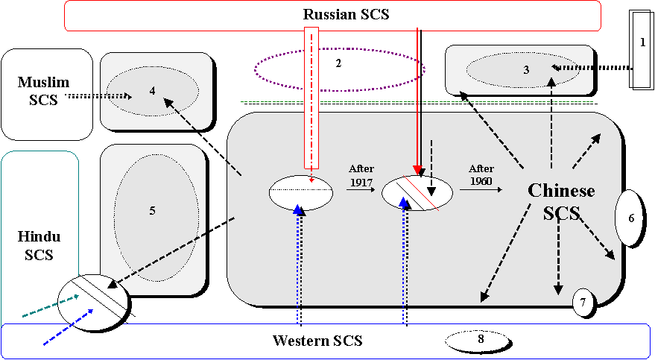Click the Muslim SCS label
click(37, 91)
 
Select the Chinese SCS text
click(561, 202)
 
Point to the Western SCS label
click(317, 341)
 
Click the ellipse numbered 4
click(152, 91)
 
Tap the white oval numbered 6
click(628, 218)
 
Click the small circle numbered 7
click(583, 302)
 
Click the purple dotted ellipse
click(339, 69)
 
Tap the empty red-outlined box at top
click(332, 16)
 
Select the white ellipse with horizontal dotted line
click(300, 192)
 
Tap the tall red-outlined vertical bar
click(311, 97)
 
